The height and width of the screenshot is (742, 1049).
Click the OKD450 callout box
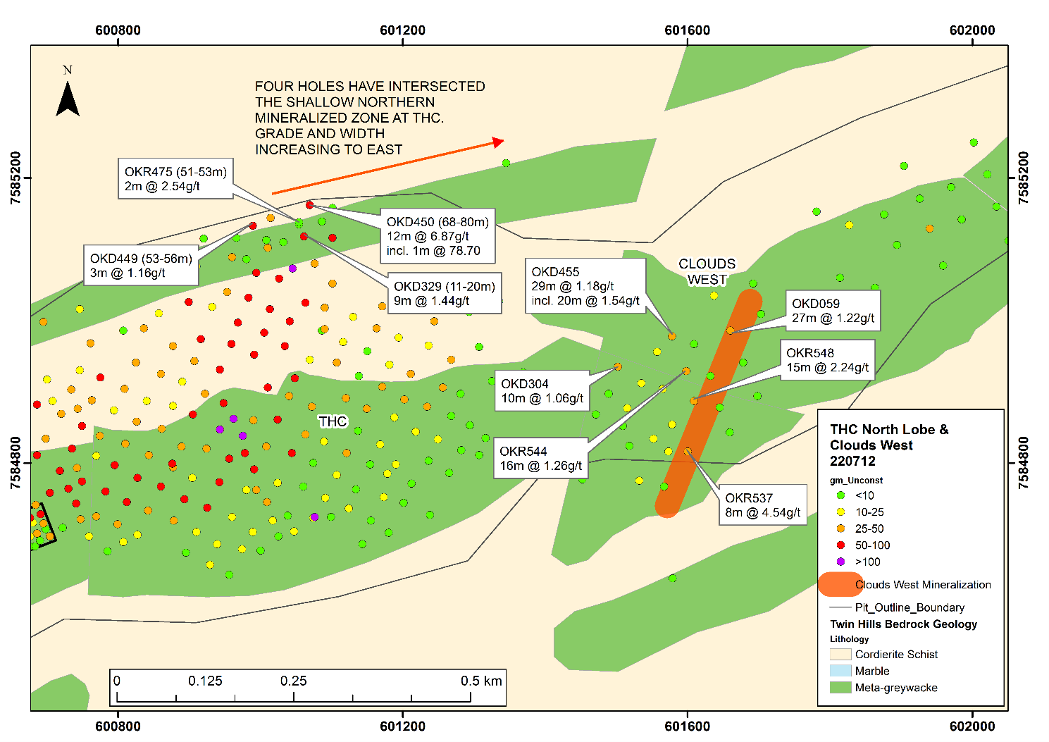[437, 235]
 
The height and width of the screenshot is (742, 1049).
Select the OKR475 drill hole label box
[175, 178]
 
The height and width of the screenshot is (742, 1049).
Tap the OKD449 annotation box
[141, 265]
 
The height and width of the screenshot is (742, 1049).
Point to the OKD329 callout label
[445, 292]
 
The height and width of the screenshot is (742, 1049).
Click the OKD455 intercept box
[585, 286]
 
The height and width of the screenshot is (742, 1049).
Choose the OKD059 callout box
[833, 311]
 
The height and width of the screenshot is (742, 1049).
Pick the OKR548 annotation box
[828, 360]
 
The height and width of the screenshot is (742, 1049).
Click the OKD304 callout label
[542, 390]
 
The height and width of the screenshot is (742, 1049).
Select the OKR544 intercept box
[541, 458]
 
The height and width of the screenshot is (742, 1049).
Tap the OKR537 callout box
[763, 505]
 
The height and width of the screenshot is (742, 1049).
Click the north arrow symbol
[68, 99]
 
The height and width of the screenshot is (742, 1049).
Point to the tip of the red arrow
[504, 140]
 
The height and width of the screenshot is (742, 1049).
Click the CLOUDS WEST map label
[707, 272]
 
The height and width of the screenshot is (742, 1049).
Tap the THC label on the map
[333, 421]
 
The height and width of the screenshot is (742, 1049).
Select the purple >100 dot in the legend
[840, 561]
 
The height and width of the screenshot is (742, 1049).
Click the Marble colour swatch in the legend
[840, 670]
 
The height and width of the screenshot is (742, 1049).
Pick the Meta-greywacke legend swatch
[840, 687]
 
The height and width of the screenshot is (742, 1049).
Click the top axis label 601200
[403, 30]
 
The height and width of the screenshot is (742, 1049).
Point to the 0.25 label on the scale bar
[294, 681]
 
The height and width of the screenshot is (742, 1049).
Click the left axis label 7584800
[15, 463]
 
